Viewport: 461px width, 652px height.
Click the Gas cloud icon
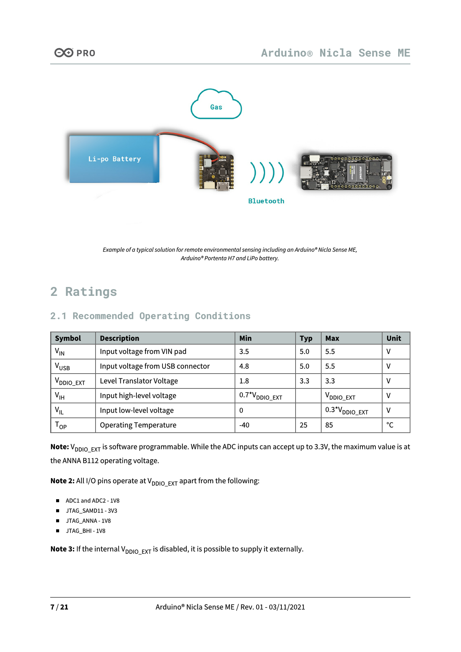pyautogui.click(x=216, y=105)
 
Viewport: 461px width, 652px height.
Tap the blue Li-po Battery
pyautogui.click(x=114, y=159)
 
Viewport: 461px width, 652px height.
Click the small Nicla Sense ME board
pyautogui.click(x=216, y=172)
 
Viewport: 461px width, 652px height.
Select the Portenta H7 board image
pyautogui.click(x=346, y=172)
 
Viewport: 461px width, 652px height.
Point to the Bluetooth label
pyautogui.click(x=266, y=201)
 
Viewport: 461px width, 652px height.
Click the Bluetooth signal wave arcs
pyautogui.click(x=267, y=173)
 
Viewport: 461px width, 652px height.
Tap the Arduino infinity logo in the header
pyautogui.click(x=64, y=53)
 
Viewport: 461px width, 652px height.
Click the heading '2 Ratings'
pyautogui.click(x=84, y=292)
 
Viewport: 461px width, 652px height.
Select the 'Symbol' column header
pyautogui.click(x=68, y=338)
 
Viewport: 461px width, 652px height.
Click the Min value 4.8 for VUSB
pyautogui.click(x=244, y=366)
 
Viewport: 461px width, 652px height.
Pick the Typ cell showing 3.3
pyautogui.click(x=304, y=381)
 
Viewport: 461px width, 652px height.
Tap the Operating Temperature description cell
pyautogui.click(x=138, y=425)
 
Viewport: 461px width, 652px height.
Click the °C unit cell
pyautogui.click(x=390, y=425)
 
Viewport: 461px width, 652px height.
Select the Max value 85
pyautogui.click(x=329, y=425)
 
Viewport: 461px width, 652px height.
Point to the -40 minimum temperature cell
pyautogui.click(x=245, y=425)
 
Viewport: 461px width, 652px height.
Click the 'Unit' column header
pyautogui.click(x=394, y=338)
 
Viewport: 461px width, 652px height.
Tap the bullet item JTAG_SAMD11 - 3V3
pyautogui.click(x=91, y=511)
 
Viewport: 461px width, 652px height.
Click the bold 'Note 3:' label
pyautogui.click(x=62, y=549)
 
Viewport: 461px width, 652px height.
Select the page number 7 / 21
pyautogui.click(x=59, y=607)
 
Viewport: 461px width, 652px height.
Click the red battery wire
pyautogui.click(x=190, y=138)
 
